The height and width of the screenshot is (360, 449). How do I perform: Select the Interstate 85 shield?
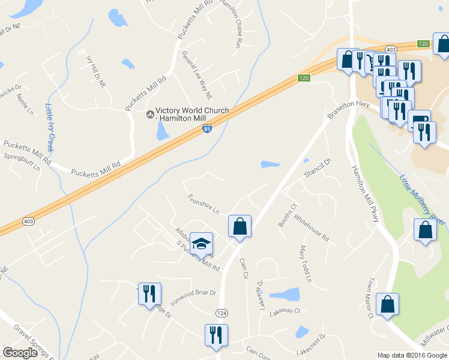206,129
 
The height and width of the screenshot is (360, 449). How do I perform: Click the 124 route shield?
221,313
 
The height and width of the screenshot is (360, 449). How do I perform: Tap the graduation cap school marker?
201,244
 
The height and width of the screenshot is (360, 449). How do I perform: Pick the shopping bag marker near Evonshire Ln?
240,226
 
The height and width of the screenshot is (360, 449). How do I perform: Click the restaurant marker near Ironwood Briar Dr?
149,294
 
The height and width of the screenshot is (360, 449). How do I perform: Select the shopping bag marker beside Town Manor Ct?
388,304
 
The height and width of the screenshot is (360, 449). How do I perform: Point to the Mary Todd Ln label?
306,264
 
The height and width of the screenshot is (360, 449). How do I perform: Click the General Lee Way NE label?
197,74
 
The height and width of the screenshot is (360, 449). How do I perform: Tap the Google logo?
20,353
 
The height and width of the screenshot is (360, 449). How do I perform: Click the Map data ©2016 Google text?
412,355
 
